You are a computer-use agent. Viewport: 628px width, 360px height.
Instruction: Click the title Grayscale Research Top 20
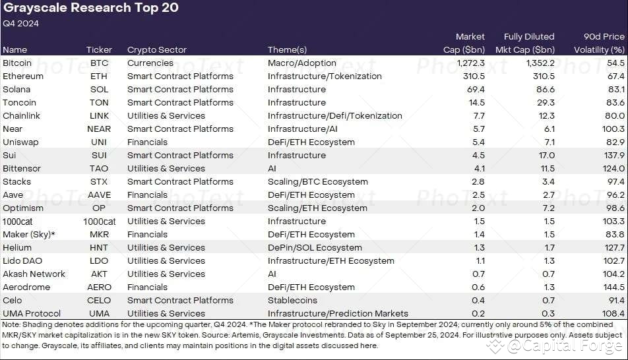tap(90, 9)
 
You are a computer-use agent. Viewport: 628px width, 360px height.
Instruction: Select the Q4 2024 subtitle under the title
tap(21, 24)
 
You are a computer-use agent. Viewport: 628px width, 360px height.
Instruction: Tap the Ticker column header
tap(99, 49)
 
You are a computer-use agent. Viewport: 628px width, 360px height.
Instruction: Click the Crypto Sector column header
tap(157, 49)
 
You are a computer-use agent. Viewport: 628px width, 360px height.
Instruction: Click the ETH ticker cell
tap(99, 76)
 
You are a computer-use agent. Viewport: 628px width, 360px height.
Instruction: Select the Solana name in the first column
tap(16, 89)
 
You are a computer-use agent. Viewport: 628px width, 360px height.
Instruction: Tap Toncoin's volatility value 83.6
tap(614, 102)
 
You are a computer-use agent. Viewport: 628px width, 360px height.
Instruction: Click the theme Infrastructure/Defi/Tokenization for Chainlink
tap(334, 115)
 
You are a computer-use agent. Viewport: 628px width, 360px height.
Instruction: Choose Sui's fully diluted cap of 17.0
tap(545, 155)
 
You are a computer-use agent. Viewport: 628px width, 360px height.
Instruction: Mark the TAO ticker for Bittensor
tap(99, 168)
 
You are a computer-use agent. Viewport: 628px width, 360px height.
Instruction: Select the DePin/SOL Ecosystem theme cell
tap(315, 247)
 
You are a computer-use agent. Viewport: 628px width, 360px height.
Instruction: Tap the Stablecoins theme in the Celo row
tap(292, 300)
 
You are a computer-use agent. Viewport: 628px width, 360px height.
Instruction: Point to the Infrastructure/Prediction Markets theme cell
tap(338, 313)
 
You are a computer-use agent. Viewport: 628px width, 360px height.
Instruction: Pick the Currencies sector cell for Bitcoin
tap(150, 63)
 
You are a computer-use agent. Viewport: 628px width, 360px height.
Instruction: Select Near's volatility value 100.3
tap(612, 129)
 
